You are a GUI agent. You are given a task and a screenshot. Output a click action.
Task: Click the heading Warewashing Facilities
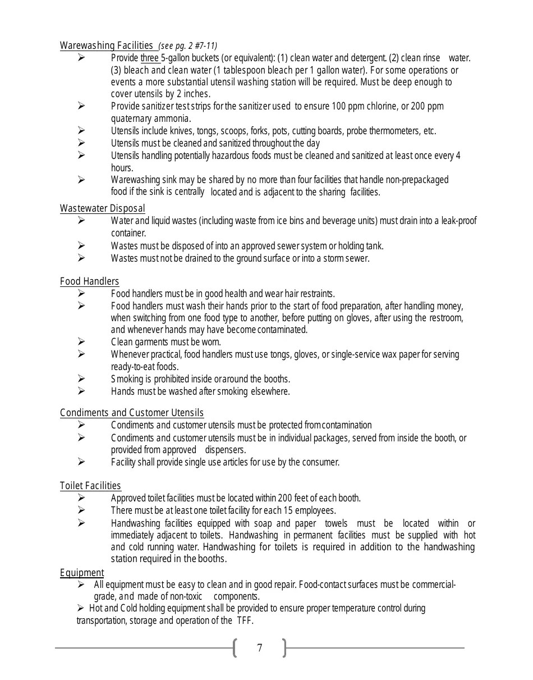tap(106, 45)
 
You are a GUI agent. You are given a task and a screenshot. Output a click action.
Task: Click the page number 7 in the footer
tap(259, 648)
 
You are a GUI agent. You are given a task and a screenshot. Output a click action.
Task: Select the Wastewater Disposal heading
tap(102, 208)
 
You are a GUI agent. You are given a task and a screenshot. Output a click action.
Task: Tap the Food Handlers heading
tap(89, 281)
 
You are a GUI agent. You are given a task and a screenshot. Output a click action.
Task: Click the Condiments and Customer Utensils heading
tap(132, 413)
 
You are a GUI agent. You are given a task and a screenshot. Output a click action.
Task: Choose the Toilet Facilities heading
tap(90, 486)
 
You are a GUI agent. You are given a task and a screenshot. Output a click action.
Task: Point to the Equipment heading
tap(82, 573)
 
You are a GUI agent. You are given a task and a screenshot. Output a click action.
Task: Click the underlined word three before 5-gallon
tap(150, 58)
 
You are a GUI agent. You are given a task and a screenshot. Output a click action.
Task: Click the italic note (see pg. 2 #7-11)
tap(188, 46)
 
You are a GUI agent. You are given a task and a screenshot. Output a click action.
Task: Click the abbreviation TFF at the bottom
tap(245, 620)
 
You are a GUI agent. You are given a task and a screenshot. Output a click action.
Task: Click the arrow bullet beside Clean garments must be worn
tap(81, 341)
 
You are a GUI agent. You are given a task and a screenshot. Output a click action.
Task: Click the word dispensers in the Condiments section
tap(225, 450)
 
